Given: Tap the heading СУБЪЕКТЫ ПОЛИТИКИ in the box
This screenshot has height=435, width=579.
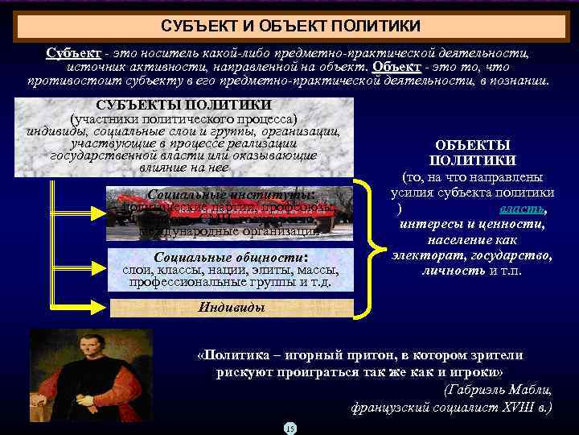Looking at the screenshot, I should pos(183,105).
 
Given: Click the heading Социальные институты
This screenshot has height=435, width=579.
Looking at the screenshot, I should pos(231,193).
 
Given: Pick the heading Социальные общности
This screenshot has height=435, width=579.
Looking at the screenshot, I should pos(231,256).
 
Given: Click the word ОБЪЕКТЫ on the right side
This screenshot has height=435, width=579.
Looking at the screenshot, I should pos(472,144).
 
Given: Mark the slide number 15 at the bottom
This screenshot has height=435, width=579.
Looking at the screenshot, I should pos(289,428).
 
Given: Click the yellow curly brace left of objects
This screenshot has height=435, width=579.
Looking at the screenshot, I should pos(371,242).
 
